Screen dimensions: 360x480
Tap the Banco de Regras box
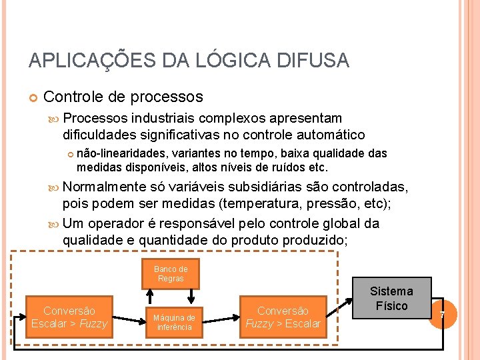[x=171, y=274]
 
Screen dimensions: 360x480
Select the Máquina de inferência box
[x=174, y=323]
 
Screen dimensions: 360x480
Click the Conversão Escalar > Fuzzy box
[x=69, y=317]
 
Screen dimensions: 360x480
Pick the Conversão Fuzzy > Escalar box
[x=283, y=317]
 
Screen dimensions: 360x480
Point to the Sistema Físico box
[x=391, y=298]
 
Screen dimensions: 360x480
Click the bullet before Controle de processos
[x=33, y=98]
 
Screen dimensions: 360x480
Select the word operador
[x=121, y=223]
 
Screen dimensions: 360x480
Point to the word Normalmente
[x=104, y=187]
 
